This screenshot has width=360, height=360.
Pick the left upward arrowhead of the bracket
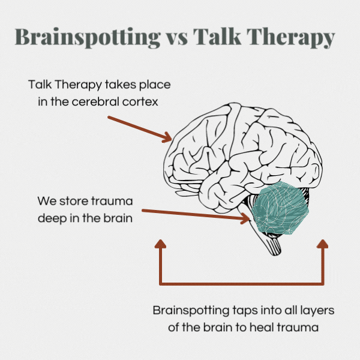coord(160,244)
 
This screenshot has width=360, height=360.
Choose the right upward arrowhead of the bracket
coord(323,244)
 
